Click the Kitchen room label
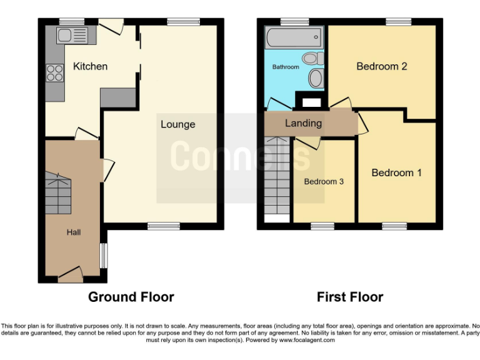point(90,66)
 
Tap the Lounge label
point(177,124)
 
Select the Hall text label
point(74,232)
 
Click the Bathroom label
point(286,66)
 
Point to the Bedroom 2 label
point(382,66)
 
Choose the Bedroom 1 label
point(396,172)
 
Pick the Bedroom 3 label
point(324,182)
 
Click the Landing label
point(303,123)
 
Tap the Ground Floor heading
point(131,297)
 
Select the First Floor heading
point(350,297)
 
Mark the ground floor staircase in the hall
point(57,194)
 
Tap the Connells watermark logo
point(240,156)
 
